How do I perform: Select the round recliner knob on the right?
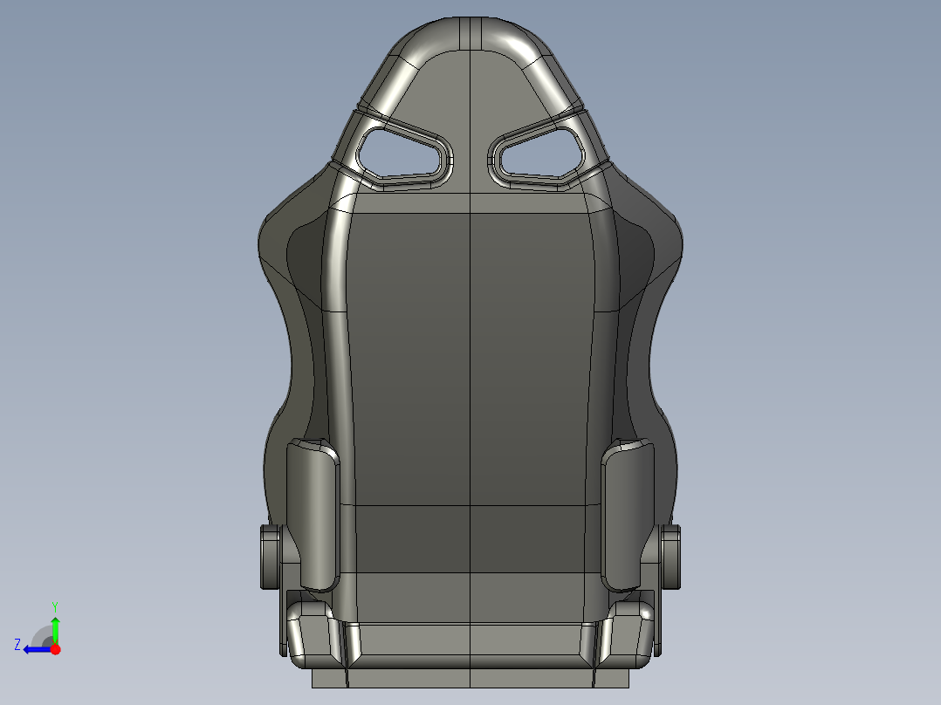[671, 556]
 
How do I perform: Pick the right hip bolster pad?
[628, 515]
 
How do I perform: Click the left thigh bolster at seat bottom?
[310, 630]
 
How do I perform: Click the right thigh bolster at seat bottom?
[630, 630]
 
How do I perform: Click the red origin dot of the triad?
[55, 649]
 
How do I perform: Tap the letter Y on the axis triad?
[54, 606]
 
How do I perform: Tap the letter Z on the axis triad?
[17, 645]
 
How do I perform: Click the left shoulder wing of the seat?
[292, 253]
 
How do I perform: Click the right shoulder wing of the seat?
[650, 253]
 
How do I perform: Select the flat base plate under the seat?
[470, 678]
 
